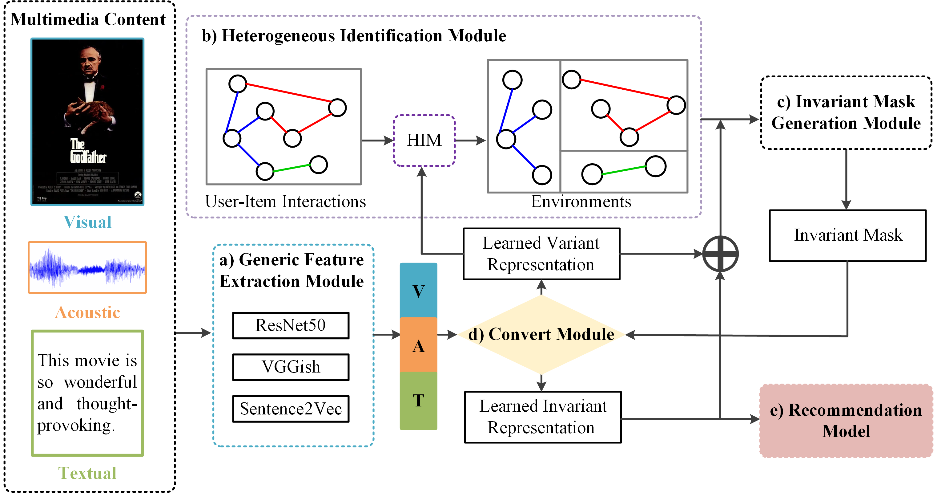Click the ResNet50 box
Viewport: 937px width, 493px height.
[x=291, y=325]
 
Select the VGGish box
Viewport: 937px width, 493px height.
[x=291, y=367]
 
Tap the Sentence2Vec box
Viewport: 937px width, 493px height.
[x=291, y=409]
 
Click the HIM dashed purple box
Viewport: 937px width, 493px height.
[x=424, y=141]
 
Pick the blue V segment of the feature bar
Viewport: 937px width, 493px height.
[x=418, y=290]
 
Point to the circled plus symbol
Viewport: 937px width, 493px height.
[x=720, y=254]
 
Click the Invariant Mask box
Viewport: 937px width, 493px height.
[x=847, y=235]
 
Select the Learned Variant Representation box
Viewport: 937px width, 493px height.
[x=541, y=254]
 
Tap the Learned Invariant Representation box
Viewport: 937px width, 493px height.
[x=542, y=417]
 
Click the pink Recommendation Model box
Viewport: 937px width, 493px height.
[x=846, y=421]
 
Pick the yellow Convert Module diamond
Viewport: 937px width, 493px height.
[x=541, y=334]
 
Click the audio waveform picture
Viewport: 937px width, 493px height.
[x=87, y=267]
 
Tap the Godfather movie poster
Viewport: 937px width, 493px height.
[x=87, y=122]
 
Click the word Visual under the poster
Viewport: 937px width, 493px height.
[x=87, y=222]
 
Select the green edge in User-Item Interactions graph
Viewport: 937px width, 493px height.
[x=292, y=168]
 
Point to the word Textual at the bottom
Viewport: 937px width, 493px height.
[x=87, y=473]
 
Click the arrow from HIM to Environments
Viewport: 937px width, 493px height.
[x=470, y=141]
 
